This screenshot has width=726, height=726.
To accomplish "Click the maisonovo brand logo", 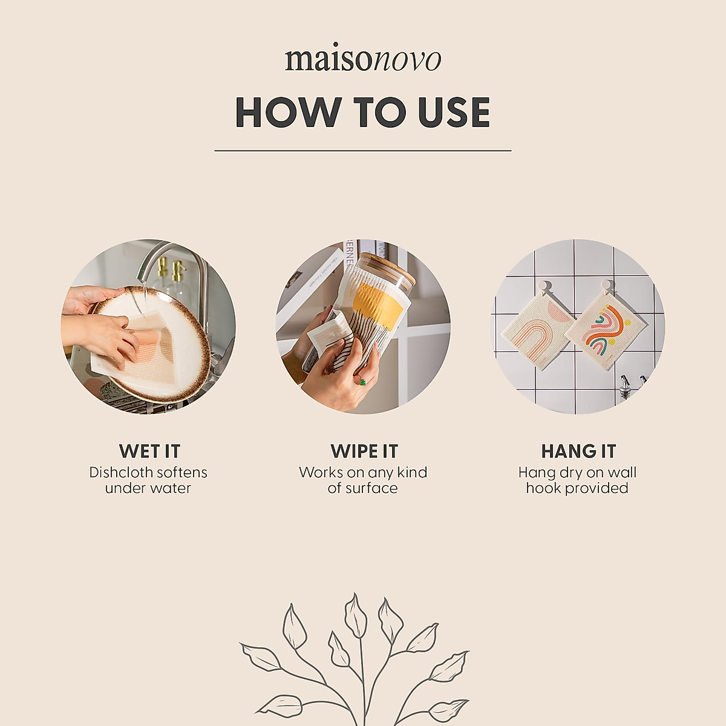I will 363,59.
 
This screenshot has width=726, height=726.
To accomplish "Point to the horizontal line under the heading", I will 363,150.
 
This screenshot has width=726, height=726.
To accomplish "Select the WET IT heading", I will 149,451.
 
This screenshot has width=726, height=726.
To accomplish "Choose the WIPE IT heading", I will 364,451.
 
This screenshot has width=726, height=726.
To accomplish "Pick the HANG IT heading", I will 578,451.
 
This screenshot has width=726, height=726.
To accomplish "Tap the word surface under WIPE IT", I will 371,488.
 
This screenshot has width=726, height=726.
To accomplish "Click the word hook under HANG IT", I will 543,488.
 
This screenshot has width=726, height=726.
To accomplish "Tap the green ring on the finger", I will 362,381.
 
